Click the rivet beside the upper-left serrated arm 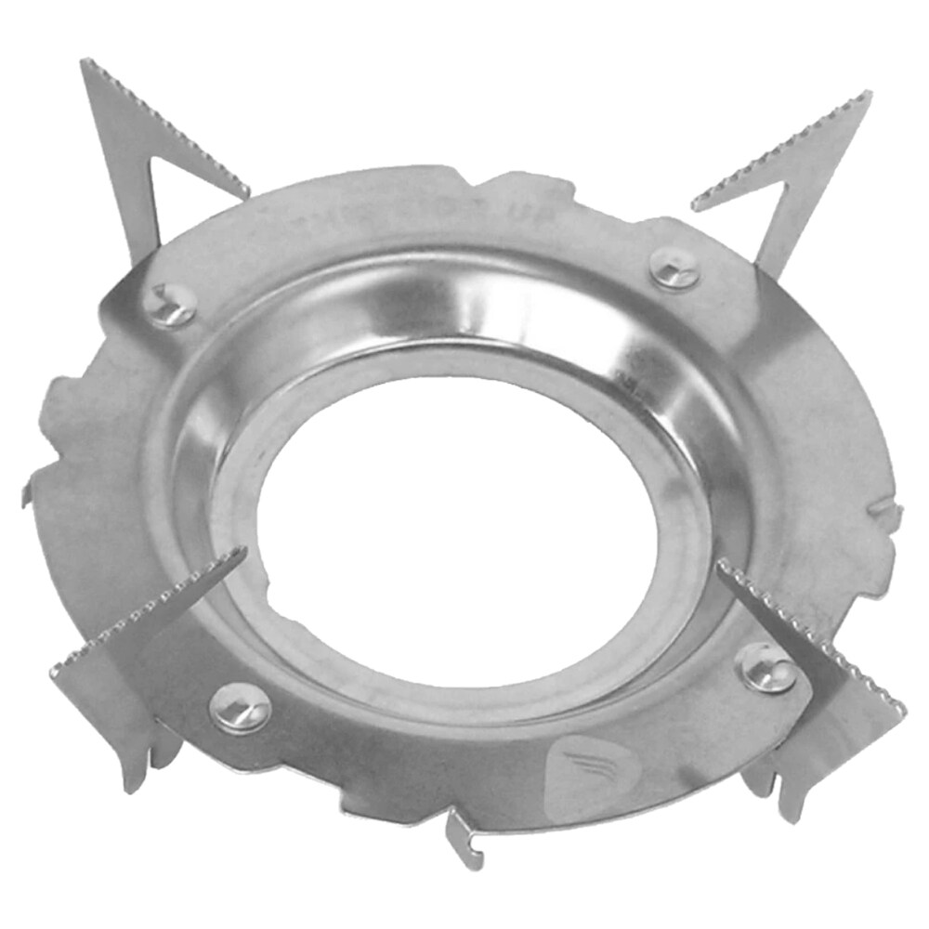point(172,305)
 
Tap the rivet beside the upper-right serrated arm point(674,268)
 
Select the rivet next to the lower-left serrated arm point(240,709)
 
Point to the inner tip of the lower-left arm point(243,551)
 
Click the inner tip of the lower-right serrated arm point(721,563)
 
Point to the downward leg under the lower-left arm point(137,771)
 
